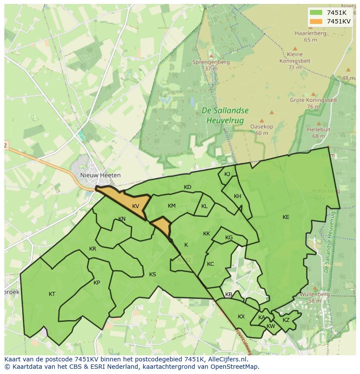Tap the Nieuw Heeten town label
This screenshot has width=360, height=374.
[x=100, y=175]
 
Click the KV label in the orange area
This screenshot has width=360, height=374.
[x=136, y=206]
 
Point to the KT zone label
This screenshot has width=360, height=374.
[x=52, y=294]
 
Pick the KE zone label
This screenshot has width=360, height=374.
[x=286, y=217]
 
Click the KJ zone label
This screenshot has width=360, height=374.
[x=227, y=174]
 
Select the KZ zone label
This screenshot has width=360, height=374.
[x=286, y=320]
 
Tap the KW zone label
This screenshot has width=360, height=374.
[x=271, y=326]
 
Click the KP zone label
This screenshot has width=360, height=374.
[x=97, y=283]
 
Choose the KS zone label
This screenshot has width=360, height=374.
[x=153, y=275]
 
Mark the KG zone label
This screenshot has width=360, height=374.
[x=229, y=238]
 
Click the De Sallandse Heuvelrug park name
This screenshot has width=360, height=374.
[x=225, y=115]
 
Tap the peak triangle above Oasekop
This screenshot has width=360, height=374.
[x=261, y=121]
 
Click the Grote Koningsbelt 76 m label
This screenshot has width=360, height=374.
[x=313, y=103]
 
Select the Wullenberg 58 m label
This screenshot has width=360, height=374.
[x=315, y=298]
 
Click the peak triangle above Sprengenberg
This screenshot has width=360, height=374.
[x=211, y=56]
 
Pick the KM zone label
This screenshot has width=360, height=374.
[x=172, y=206]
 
